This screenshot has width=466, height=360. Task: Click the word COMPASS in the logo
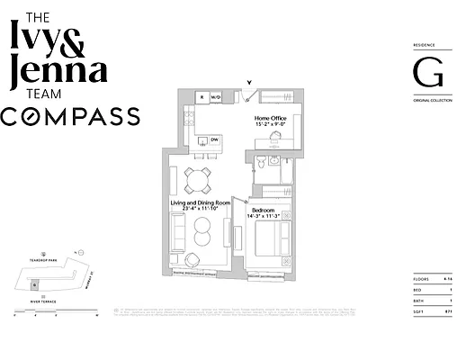tap(70, 116)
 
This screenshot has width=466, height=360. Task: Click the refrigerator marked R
tap(202, 96)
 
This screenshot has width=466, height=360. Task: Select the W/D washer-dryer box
tap(216, 96)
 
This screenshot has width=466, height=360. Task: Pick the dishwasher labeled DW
tap(214, 140)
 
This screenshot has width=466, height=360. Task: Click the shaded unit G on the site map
tap(34, 285)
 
